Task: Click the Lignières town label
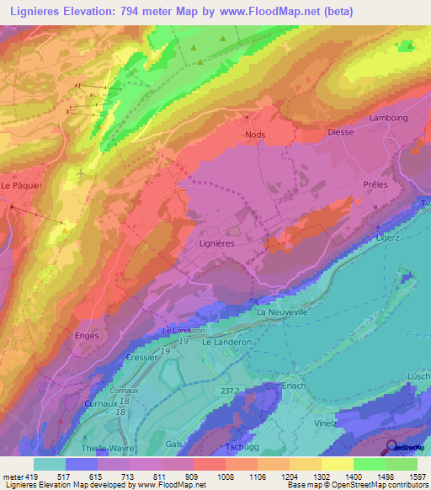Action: click(x=217, y=242)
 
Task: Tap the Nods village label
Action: click(x=255, y=135)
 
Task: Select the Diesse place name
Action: click(x=340, y=132)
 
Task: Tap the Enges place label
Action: click(x=87, y=335)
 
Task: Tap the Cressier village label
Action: click(x=141, y=357)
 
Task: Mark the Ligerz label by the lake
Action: click(x=388, y=240)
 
